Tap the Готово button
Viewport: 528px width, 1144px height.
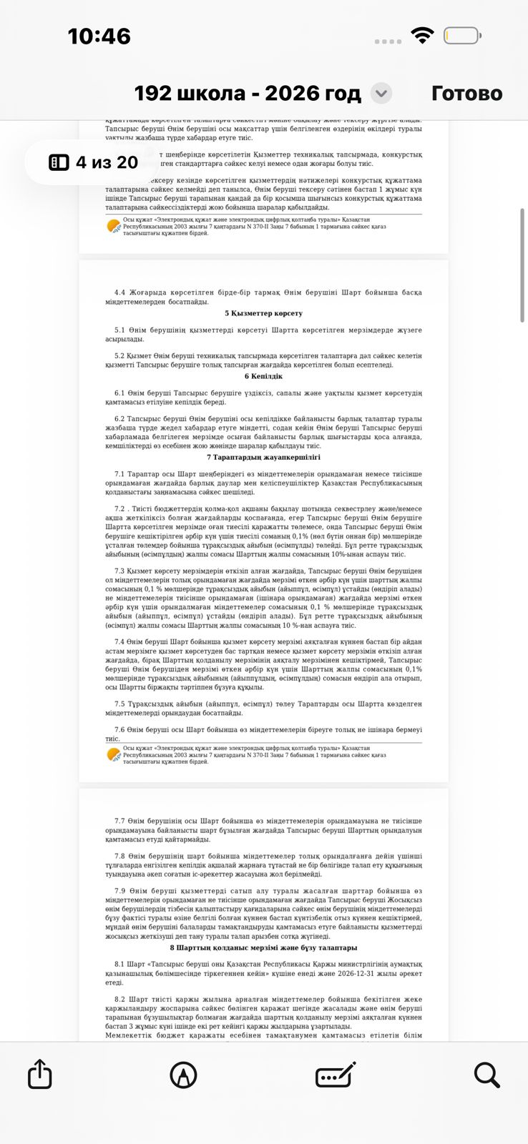[x=466, y=93]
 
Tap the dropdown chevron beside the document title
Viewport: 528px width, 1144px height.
[x=381, y=93]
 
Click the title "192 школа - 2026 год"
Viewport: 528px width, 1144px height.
[x=248, y=93]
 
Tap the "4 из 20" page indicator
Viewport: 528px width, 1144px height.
[x=93, y=162]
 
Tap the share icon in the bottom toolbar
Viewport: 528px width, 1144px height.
[x=40, y=1074]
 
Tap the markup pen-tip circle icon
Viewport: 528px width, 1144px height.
[x=183, y=1074]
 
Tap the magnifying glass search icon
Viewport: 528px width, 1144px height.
[x=487, y=1074]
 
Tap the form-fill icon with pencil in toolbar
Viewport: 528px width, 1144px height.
[x=336, y=1074]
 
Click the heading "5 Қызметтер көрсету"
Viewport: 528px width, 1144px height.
[x=263, y=313]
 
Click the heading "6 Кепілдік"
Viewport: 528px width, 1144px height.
[x=263, y=376]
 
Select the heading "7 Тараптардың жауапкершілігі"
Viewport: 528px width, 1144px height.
[x=263, y=457]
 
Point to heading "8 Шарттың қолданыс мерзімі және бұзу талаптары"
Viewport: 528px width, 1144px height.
[x=263, y=947]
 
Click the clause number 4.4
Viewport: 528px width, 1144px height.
[x=119, y=292]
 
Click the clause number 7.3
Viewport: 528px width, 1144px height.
[x=119, y=571]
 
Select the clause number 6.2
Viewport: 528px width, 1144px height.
[x=119, y=418]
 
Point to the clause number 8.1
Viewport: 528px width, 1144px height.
[x=119, y=964]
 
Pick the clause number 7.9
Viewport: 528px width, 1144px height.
[x=119, y=890]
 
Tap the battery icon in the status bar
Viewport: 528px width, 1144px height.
[x=461, y=35]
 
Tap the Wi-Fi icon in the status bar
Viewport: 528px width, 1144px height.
[x=423, y=35]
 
